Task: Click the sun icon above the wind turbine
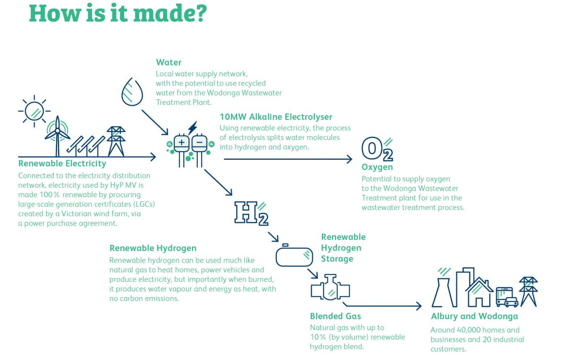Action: click(34, 111)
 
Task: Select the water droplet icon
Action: click(132, 92)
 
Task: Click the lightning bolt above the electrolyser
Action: click(192, 128)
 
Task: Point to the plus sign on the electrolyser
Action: click(181, 142)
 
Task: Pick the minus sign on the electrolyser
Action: click(199, 142)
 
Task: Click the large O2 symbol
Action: click(377, 149)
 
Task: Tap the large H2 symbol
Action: click(251, 214)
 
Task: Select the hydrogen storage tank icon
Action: click(294, 255)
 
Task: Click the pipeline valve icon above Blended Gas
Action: click(330, 288)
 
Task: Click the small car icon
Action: click(512, 302)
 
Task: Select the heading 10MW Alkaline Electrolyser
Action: click(276, 117)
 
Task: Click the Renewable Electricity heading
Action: click(62, 164)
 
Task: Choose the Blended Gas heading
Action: click(336, 316)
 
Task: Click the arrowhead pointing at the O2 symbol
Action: click(349, 159)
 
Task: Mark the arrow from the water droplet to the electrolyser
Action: click(155, 122)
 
